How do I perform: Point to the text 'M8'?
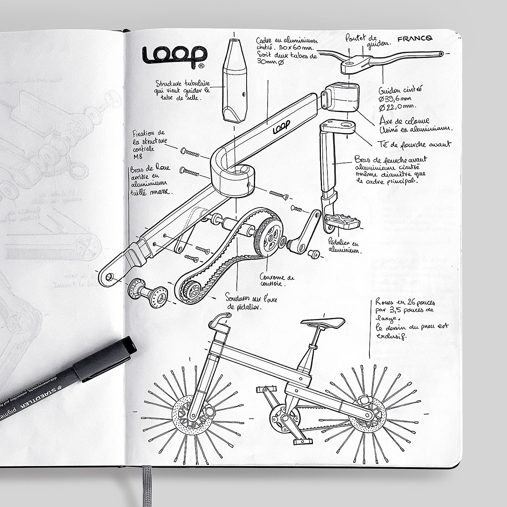tap(138, 156)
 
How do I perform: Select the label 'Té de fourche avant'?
tap(420, 144)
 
